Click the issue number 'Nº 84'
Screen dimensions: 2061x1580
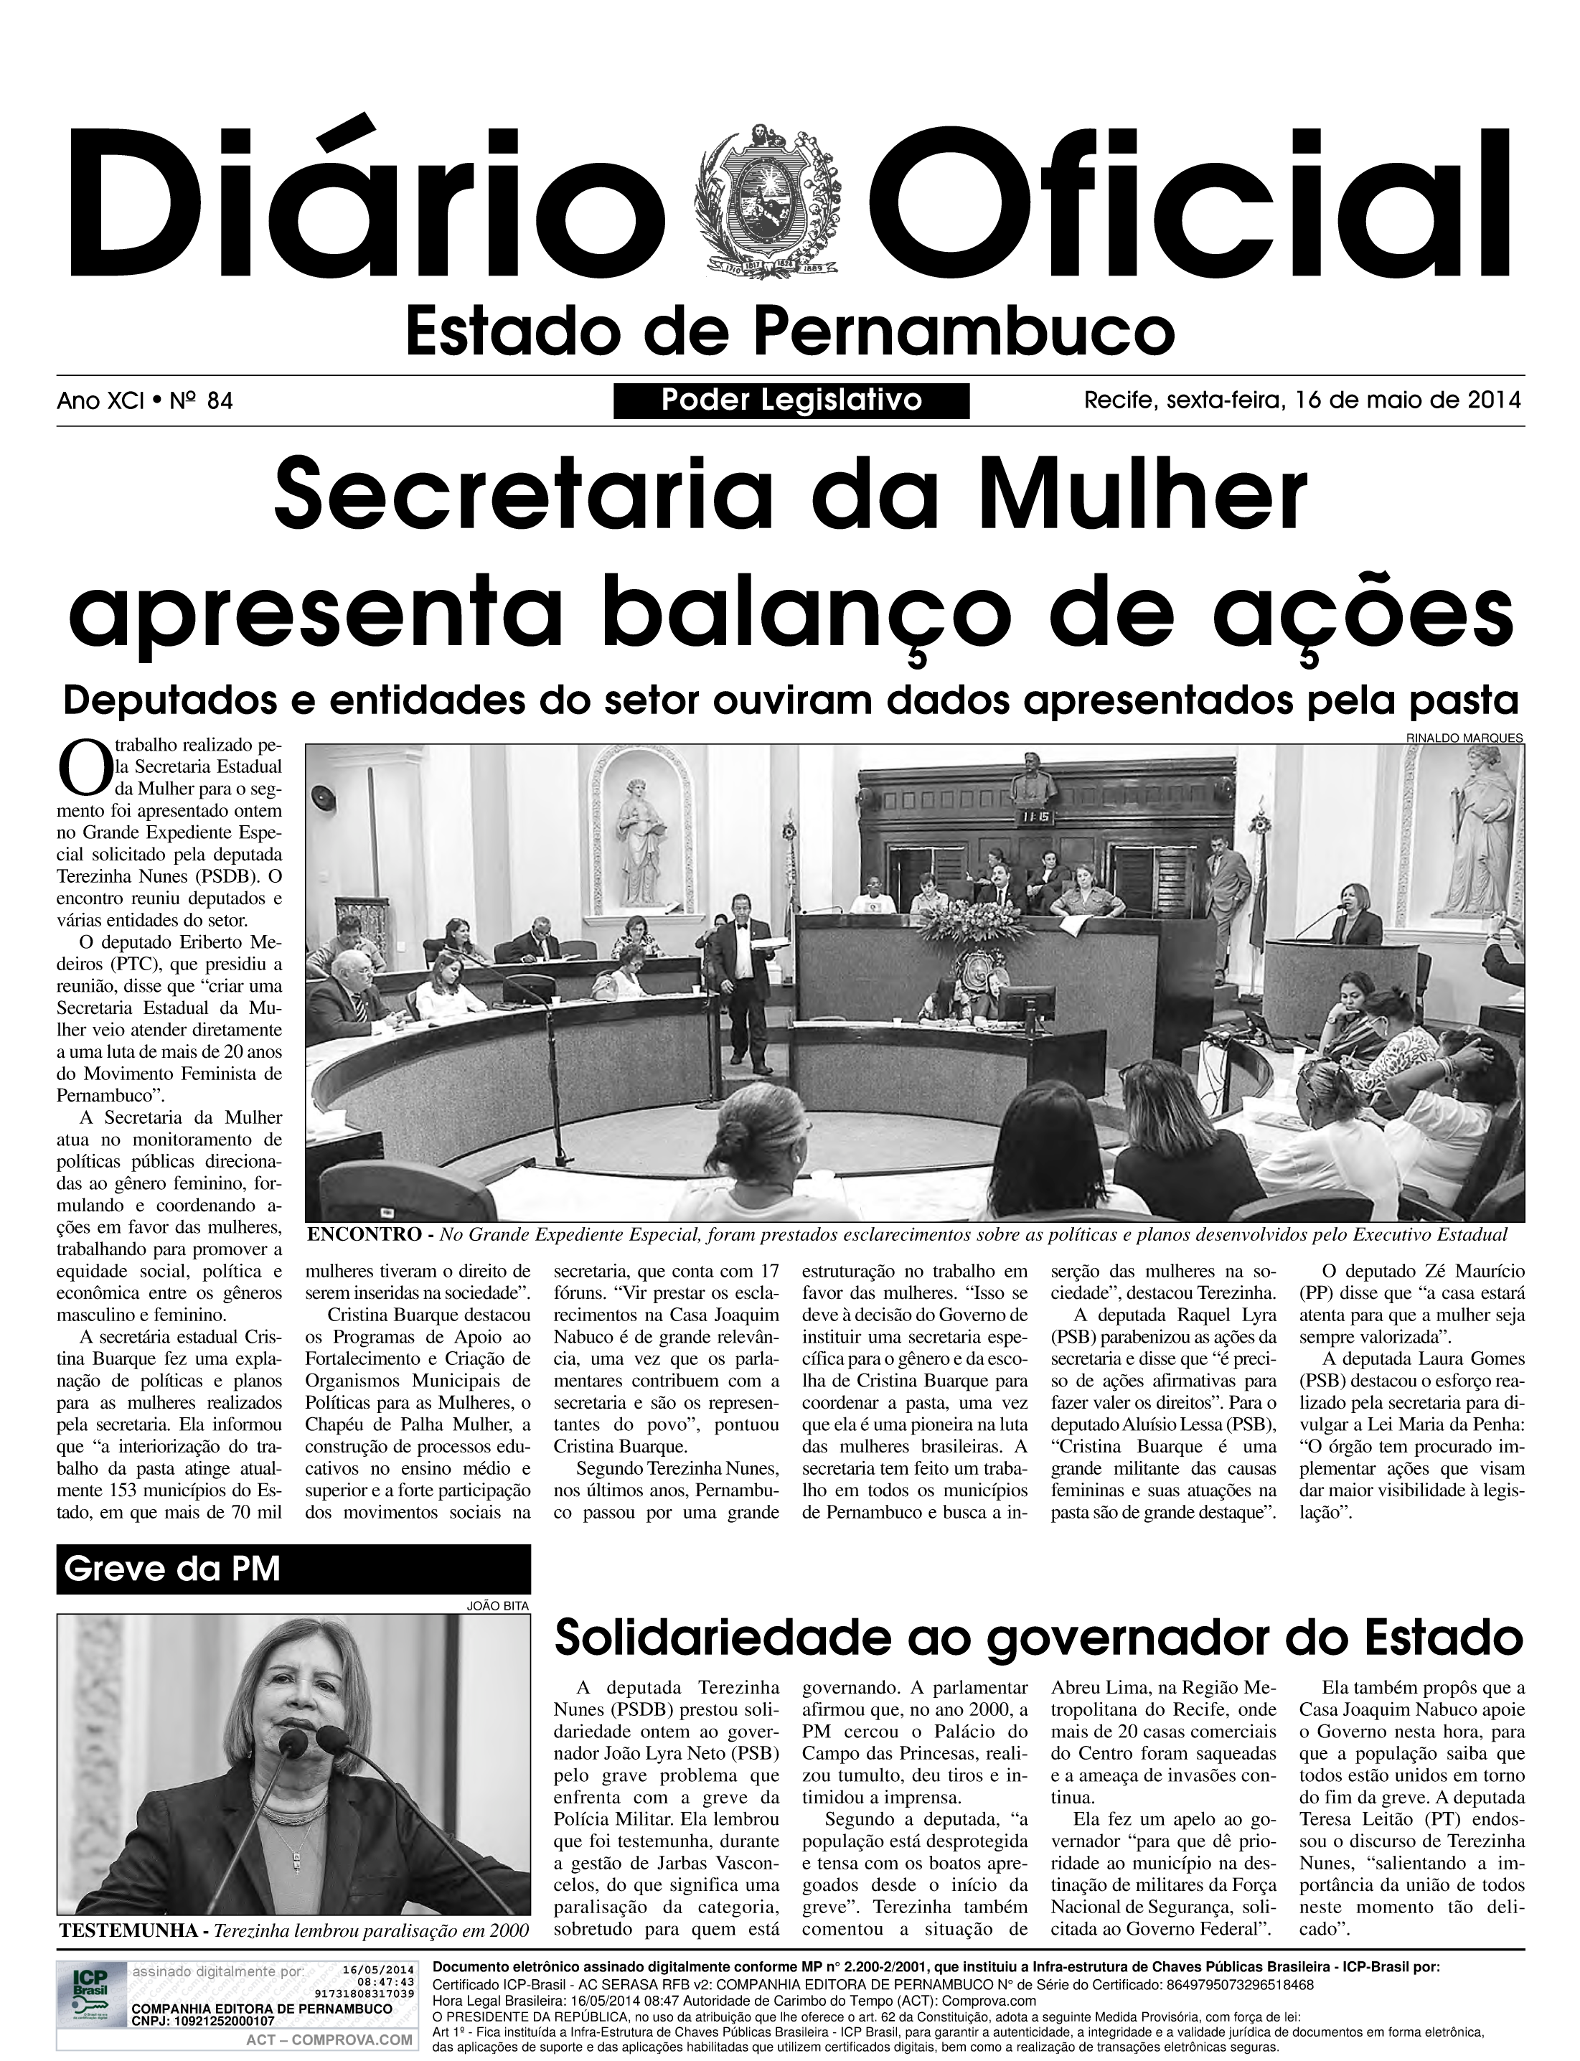pyautogui.click(x=200, y=402)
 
